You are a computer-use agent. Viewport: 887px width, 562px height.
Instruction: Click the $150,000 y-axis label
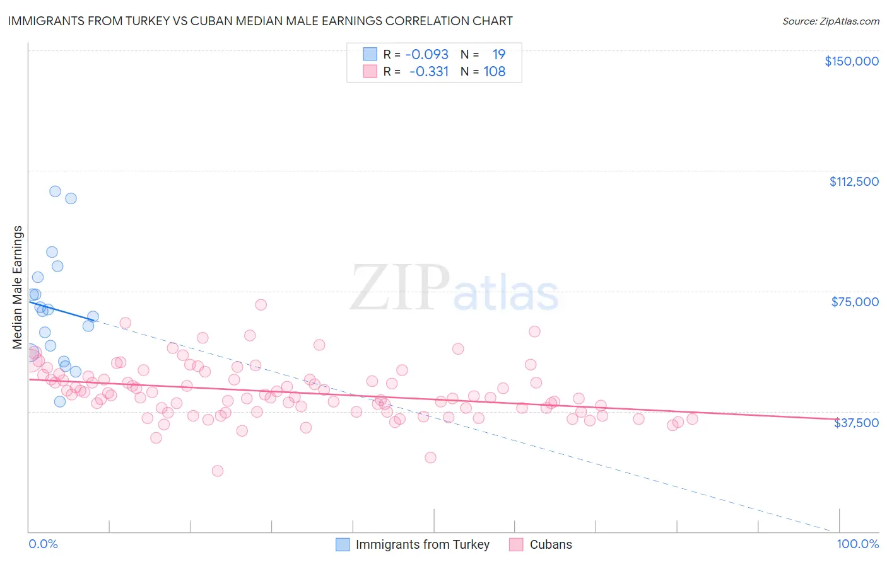click(x=851, y=61)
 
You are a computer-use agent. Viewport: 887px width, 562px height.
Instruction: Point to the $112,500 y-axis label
click(x=854, y=181)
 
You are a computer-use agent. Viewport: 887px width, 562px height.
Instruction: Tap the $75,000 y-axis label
click(x=855, y=302)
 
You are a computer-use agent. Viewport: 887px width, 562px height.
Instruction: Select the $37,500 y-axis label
click(x=856, y=423)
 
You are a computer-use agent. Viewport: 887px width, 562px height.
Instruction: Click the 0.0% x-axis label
click(x=43, y=544)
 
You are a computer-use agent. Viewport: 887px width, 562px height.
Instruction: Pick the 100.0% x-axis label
click(x=857, y=544)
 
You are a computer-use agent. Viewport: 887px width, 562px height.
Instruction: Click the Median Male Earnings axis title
click(x=17, y=287)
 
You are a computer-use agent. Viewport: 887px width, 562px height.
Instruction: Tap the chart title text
click(x=260, y=21)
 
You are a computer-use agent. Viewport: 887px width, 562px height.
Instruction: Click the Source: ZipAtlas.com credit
click(x=830, y=21)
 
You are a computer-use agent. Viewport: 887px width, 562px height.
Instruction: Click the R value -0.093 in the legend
click(x=427, y=54)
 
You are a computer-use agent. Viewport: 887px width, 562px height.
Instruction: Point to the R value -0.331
click(x=429, y=71)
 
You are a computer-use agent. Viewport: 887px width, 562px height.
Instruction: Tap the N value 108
click(x=495, y=71)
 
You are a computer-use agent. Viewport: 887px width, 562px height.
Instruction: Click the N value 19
click(x=499, y=54)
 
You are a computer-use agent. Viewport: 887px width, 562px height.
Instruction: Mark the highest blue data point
click(x=55, y=192)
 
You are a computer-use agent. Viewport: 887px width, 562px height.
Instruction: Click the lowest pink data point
click(x=218, y=471)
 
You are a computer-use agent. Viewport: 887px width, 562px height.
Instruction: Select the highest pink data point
click(x=261, y=304)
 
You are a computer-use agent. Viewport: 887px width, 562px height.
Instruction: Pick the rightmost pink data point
click(x=692, y=418)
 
